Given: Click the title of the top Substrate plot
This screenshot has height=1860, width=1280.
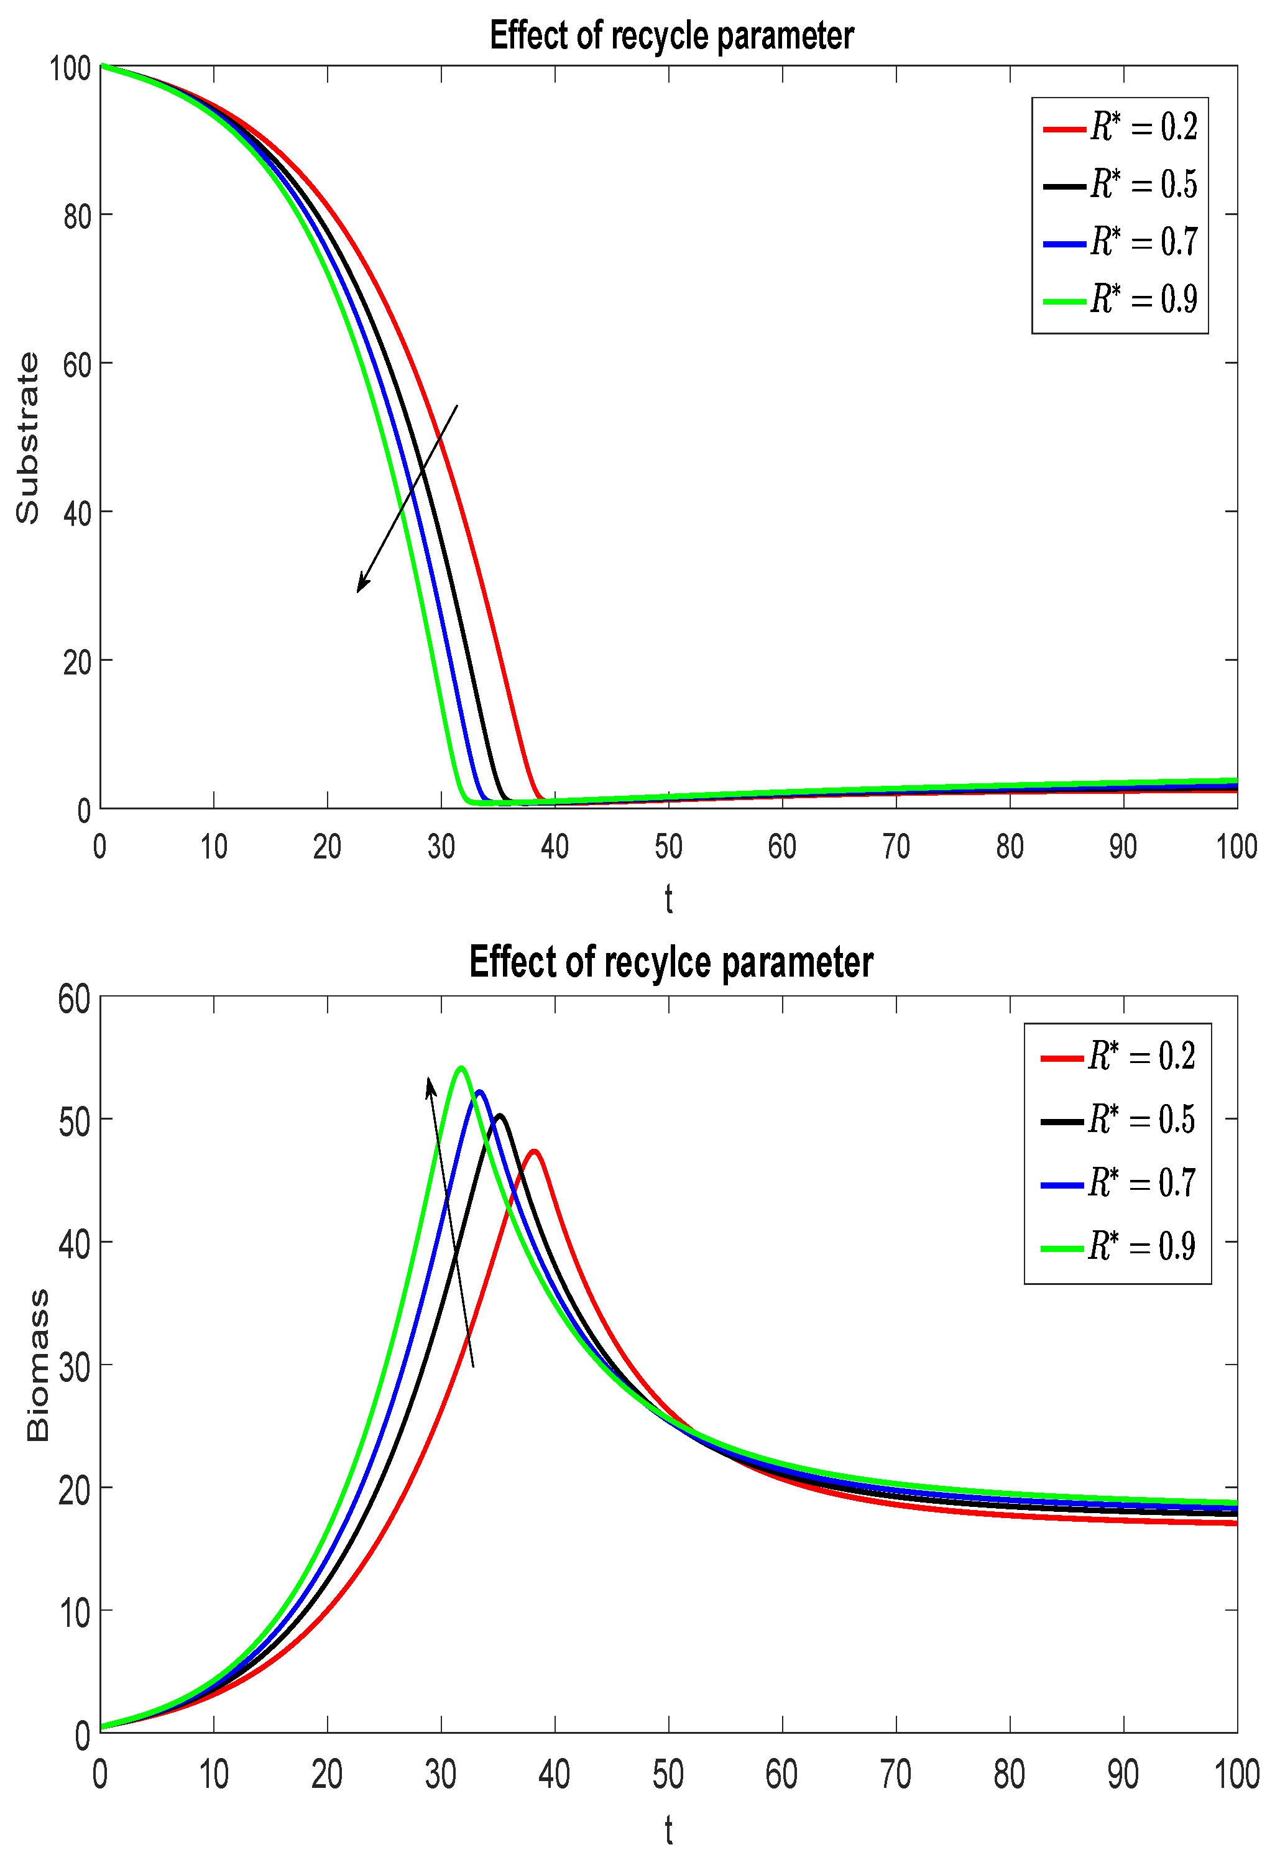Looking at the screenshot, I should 671,36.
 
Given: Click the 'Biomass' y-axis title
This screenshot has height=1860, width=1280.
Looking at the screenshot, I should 38,1365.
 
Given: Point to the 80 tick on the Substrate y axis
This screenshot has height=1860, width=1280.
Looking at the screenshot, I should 77,216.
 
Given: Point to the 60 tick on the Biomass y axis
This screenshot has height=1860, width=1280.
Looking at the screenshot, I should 75,1000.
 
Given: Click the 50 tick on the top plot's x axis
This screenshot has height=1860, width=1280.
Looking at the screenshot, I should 668,847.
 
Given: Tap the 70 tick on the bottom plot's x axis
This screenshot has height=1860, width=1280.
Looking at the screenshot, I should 895,1774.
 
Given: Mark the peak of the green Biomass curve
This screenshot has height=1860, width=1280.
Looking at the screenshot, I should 461,1067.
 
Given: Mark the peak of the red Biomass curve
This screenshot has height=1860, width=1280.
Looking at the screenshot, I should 534,1151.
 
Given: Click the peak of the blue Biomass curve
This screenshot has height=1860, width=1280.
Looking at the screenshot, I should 479,1091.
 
